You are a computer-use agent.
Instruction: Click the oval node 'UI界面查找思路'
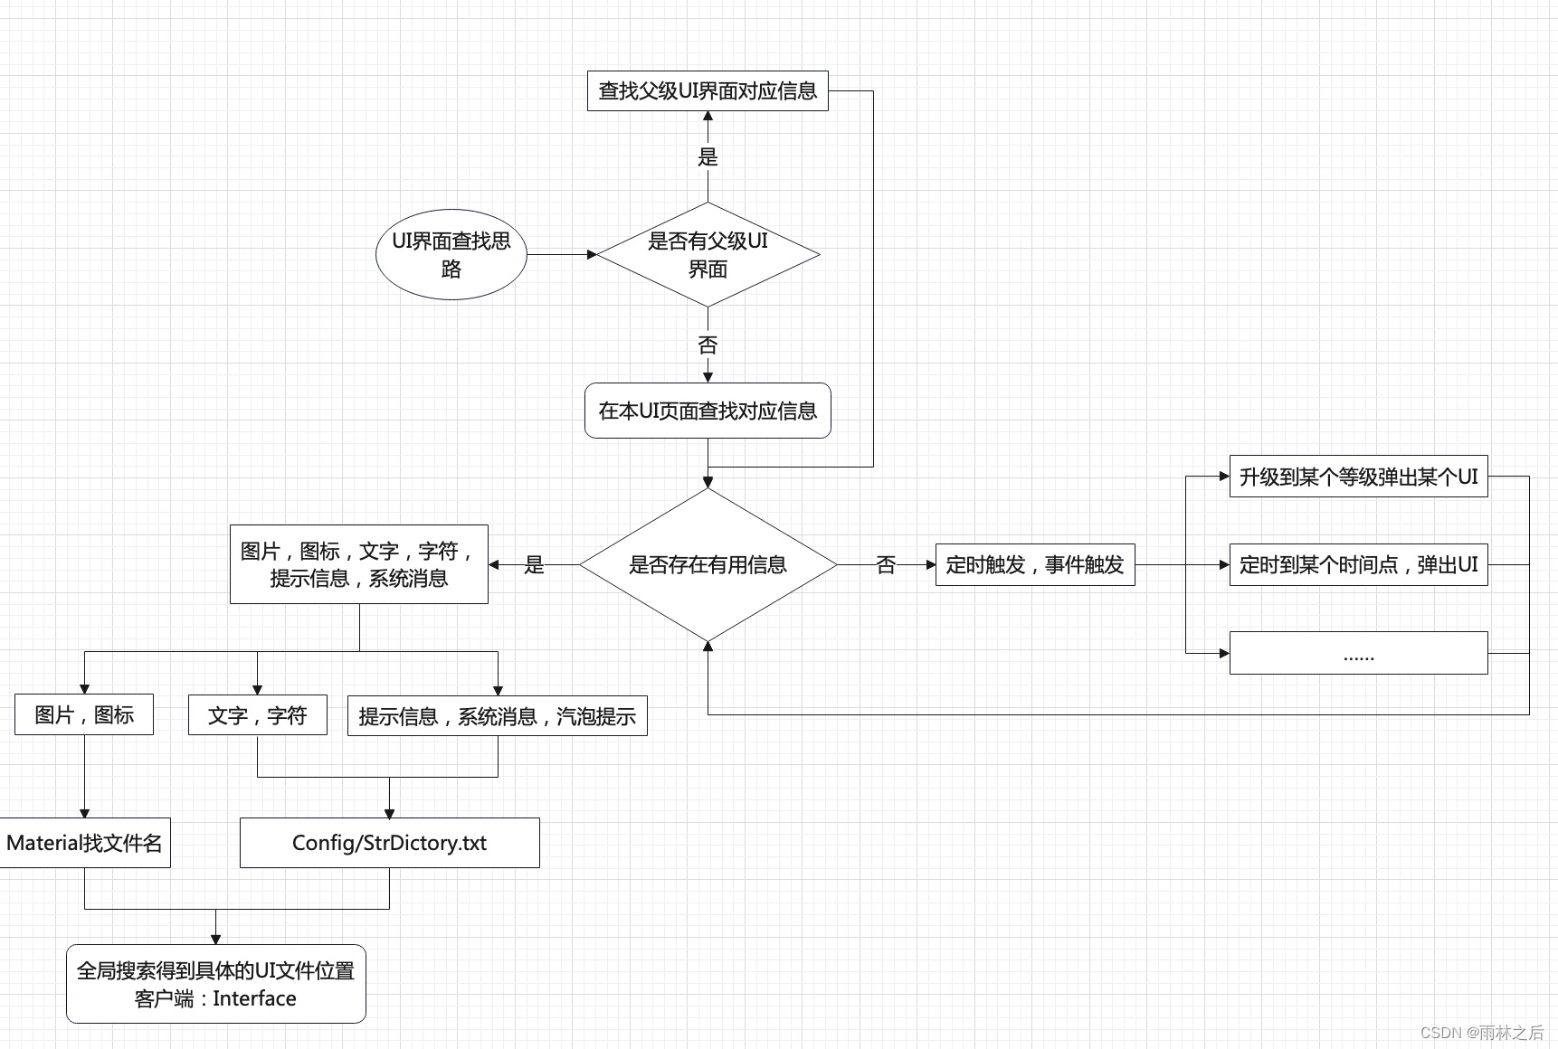point(451,254)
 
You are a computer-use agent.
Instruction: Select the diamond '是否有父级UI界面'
point(708,254)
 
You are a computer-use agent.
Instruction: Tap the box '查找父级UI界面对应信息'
point(708,90)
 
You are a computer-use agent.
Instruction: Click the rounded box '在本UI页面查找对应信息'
point(708,411)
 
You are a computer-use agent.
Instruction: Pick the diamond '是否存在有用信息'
point(708,564)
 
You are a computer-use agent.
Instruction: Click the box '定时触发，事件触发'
point(1034,564)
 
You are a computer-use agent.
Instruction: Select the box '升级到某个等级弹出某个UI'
point(1358,477)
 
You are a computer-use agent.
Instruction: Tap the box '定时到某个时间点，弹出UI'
point(1358,564)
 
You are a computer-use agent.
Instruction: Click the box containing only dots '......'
point(1358,653)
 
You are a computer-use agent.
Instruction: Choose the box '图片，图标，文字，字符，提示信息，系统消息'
point(358,564)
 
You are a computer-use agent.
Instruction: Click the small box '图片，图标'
point(84,714)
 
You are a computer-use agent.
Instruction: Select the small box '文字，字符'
point(257,715)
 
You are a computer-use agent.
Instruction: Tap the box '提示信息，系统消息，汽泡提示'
point(497,716)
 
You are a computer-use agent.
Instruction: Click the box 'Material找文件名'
point(84,843)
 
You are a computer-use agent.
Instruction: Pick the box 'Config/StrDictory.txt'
point(389,843)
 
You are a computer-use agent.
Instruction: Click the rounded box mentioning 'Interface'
point(215,984)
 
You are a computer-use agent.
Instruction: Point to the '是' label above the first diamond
point(708,156)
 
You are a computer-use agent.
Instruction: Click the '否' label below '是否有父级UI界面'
point(708,345)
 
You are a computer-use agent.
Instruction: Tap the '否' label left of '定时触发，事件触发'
point(886,564)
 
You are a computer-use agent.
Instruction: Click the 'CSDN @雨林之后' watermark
point(1481,1032)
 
